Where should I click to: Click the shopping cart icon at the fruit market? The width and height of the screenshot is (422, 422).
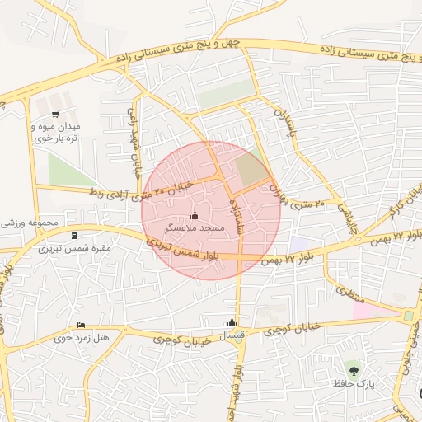tap(55, 115)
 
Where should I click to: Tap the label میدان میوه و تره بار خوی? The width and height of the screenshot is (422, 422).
tap(55, 133)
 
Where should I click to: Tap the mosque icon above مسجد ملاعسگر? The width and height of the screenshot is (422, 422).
tap(195, 215)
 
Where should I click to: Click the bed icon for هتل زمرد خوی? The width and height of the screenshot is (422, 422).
tap(80, 325)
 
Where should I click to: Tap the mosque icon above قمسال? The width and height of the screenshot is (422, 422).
tap(232, 322)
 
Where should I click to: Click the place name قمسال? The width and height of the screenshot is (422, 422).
tap(232, 335)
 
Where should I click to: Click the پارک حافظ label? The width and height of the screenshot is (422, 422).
tap(354, 384)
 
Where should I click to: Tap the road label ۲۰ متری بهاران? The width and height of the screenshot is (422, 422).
tap(297, 195)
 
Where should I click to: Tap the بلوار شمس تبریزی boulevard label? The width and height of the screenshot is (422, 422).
tap(181, 251)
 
